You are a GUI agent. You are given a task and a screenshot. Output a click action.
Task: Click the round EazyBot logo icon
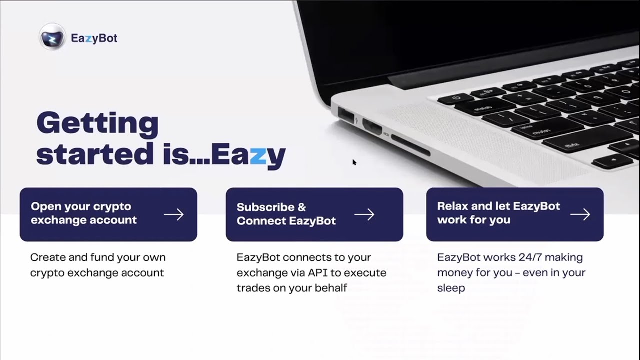point(52,37)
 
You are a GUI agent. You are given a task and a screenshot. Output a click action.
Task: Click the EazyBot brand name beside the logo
point(94,38)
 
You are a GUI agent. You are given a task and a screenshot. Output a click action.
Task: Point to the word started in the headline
point(95,154)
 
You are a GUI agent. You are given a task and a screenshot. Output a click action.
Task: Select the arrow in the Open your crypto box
point(174,214)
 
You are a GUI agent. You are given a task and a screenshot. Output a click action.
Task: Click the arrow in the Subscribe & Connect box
point(364,214)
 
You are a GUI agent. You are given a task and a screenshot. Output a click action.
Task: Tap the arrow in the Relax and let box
point(580,214)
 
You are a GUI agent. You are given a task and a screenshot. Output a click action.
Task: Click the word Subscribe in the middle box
point(265,207)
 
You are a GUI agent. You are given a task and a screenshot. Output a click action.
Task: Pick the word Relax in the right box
point(452,206)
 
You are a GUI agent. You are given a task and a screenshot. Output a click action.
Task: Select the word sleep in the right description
point(451,288)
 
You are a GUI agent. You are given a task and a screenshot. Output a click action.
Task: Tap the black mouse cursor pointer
point(354,162)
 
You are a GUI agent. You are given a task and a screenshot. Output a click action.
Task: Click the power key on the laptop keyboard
point(455,98)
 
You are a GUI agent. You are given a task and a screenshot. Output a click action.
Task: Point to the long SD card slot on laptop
point(410,145)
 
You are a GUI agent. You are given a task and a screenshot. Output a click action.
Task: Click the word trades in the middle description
point(253,288)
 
